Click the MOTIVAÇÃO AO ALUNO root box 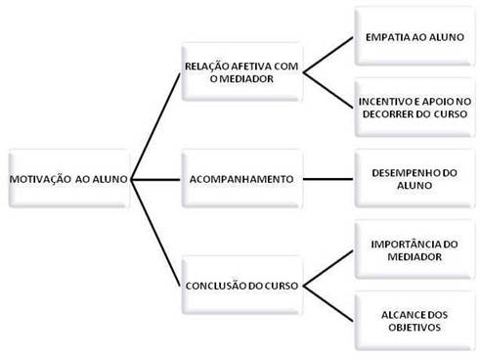point(67,179)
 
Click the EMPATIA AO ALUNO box point(414,42)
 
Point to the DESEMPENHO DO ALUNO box point(414,179)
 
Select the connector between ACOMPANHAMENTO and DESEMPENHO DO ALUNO point(327,179)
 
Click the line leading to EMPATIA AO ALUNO point(327,57)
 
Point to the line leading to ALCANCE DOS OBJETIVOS point(327,302)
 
